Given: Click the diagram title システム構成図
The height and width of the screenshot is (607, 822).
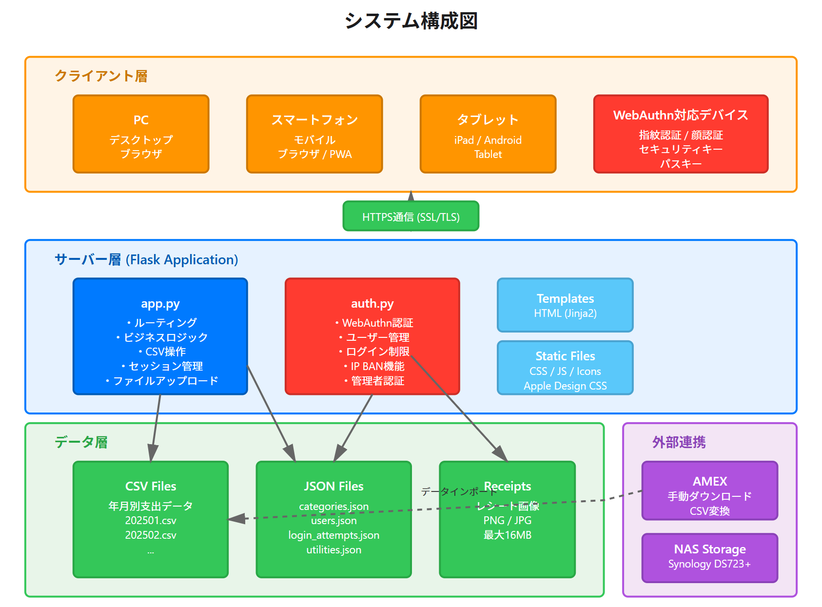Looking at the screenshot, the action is click(411, 21).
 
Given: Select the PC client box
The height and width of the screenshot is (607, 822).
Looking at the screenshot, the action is click(141, 134).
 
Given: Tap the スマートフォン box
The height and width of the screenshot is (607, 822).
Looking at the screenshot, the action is click(314, 134).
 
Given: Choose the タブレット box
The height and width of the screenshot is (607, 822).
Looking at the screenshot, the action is click(488, 134).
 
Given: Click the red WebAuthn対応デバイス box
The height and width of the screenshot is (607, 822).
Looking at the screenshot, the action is click(681, 134).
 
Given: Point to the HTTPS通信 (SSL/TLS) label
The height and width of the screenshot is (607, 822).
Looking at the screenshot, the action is click(411, 217).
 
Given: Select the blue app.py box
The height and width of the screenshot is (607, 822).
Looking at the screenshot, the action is click(160, 336).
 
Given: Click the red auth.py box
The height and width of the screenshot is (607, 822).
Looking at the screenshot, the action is click(372, 336).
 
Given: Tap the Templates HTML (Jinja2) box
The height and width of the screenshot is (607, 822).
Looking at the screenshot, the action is click(565, 305).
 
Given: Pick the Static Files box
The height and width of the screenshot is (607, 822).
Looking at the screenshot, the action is click(565, 368).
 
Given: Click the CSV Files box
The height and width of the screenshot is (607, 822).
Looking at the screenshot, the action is click(151, 519).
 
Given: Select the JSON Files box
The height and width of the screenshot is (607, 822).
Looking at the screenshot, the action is click(333, 519).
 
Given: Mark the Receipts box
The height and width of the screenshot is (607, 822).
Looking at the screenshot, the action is click(507, 519).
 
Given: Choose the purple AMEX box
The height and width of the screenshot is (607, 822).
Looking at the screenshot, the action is click(709, 490).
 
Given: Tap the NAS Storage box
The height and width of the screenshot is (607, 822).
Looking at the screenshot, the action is click(709, 558).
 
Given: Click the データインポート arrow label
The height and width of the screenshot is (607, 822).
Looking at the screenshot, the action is click(459, 491).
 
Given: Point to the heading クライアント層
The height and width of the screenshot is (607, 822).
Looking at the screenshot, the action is click(101, 76).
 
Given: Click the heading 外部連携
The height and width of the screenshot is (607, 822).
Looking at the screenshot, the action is click(679, 442).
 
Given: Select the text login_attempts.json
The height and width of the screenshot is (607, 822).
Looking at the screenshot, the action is click(333, 535).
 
